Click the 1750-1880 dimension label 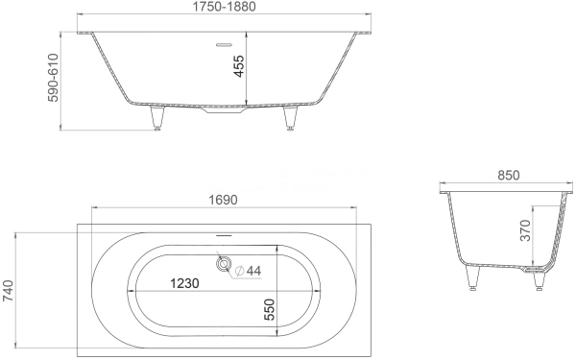click(224, 7)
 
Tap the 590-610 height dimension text click(53, 78)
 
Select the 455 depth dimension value click(239, 65)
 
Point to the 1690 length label click(224, 200)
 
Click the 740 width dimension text click(8, 291)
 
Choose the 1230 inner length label click(184, 283)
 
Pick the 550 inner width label click(270, 310)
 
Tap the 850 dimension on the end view click(509, 176)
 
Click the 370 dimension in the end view click(526, 230)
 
